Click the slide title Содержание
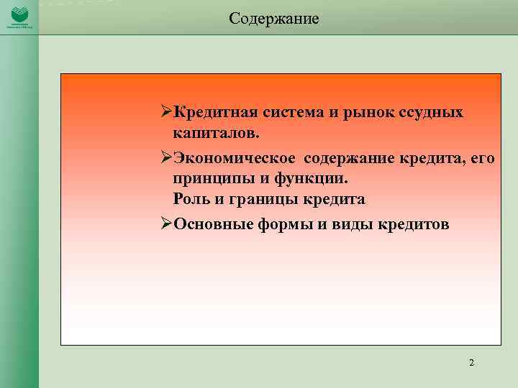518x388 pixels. [273, 18]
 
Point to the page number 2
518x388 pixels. [471, 363]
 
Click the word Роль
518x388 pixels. [191, 199]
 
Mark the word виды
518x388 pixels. [346, 223]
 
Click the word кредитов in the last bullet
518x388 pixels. [411, 223]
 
